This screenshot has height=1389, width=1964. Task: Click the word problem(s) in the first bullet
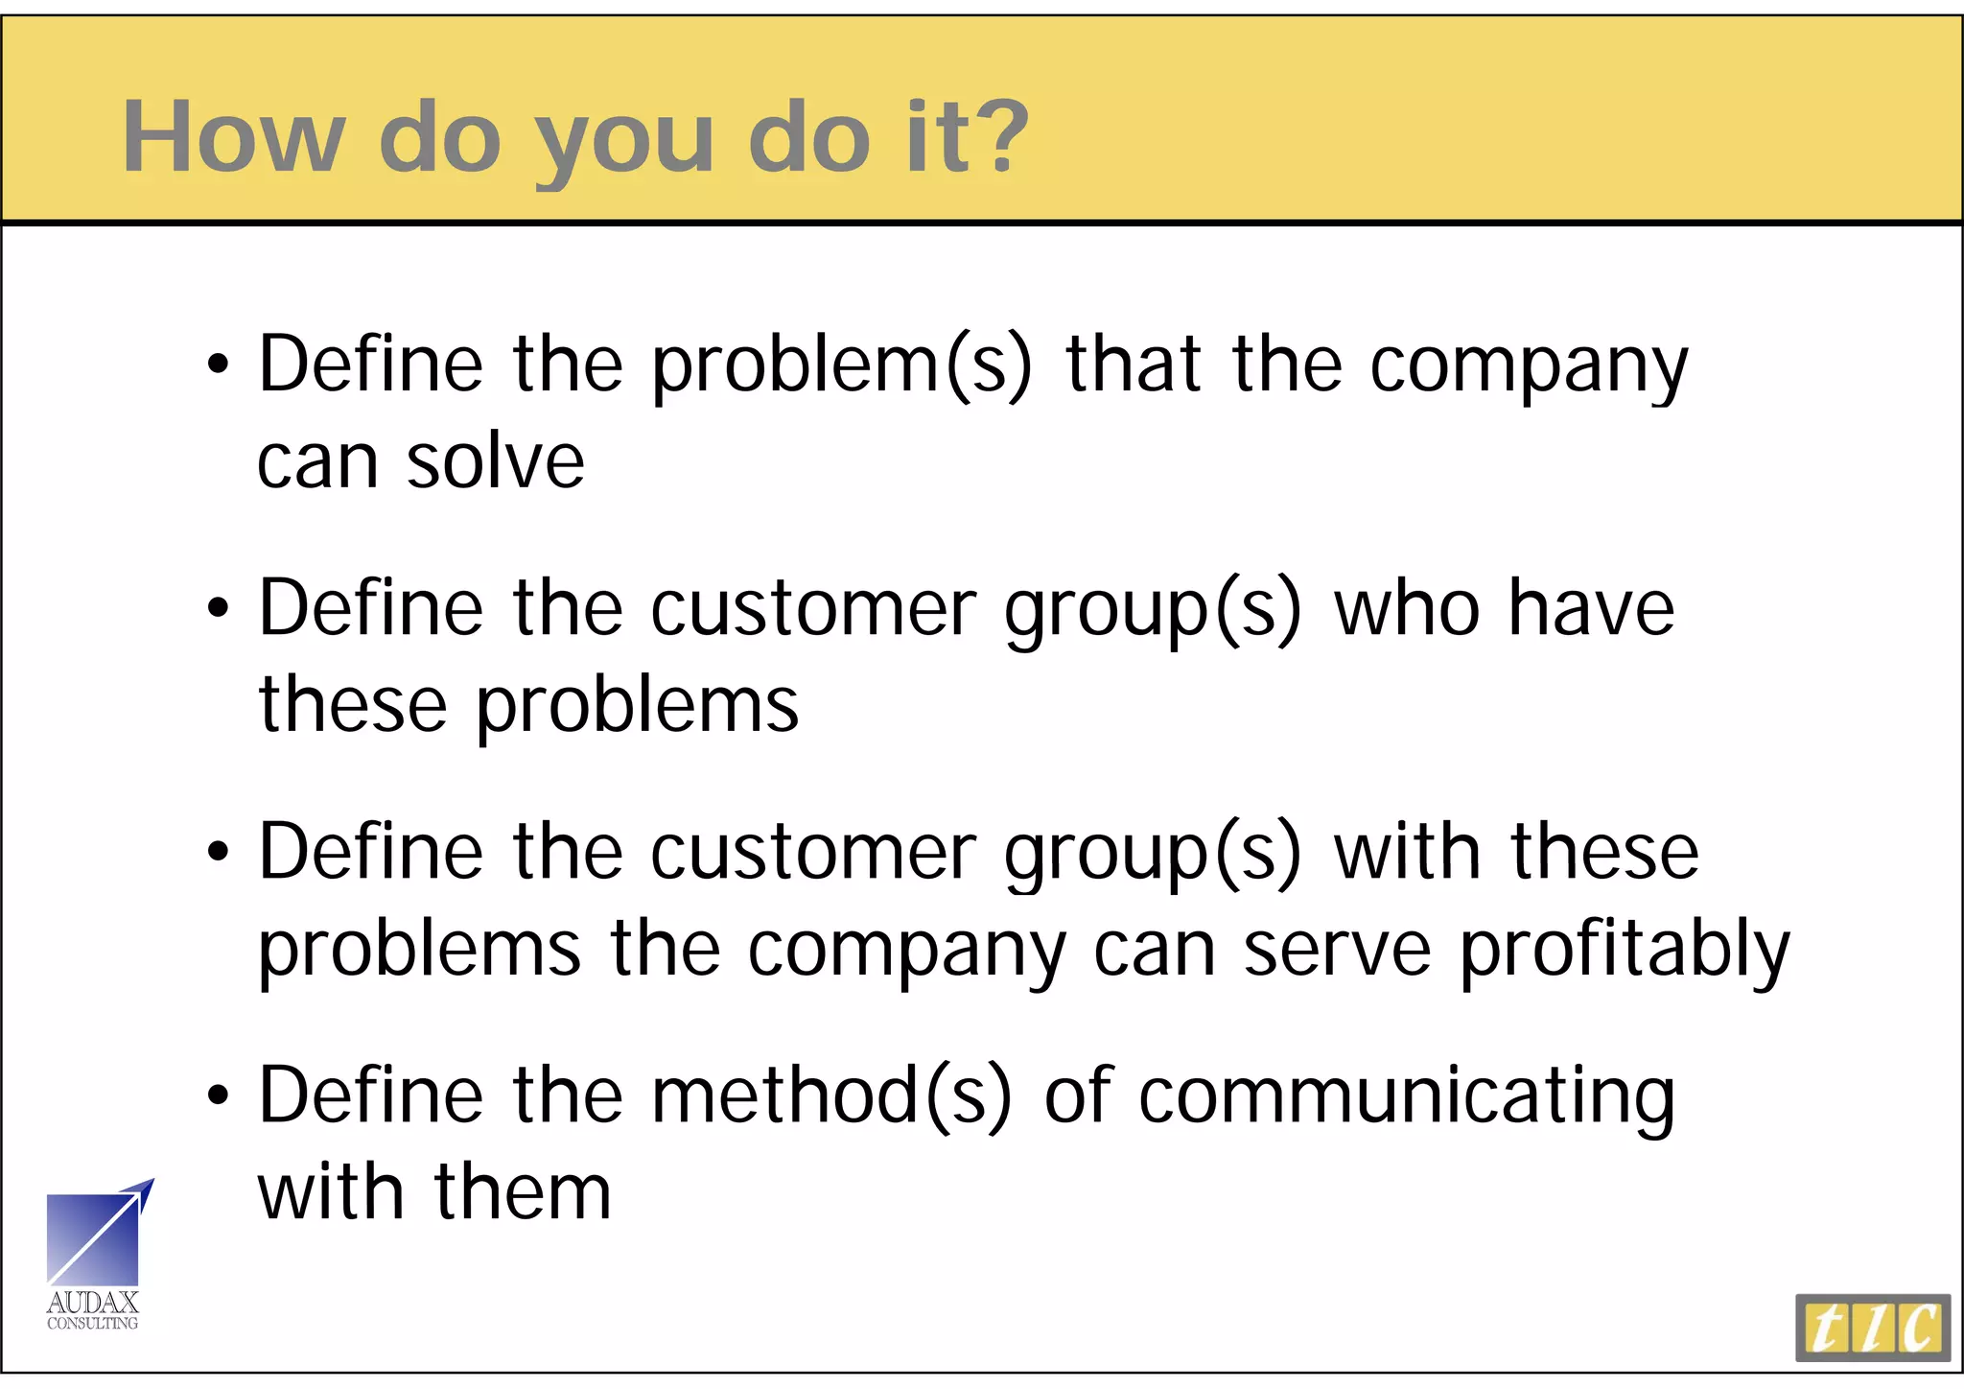pos(842,365)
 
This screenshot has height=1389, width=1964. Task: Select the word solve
pos(495,461)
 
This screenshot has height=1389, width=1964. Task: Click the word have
pos(1591,608)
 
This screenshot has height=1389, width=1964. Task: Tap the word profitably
pos(1625,951)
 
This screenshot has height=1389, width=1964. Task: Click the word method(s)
pos(830,1095)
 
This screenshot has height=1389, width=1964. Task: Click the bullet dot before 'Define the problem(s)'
pos(219,365)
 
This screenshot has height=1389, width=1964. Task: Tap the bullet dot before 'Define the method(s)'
pos(219,1095)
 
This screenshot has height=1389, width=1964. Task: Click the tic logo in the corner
pos(1872,1329)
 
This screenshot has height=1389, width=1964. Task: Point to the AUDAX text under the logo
pos(93,1303)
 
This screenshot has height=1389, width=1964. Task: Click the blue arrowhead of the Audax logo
pos(144,1191)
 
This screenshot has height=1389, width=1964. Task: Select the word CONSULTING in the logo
pos(93,1324)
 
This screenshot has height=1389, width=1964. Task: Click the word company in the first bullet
pos(1529,365)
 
